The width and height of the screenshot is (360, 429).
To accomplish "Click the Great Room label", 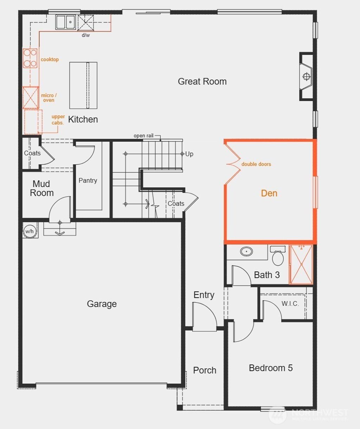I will [202, 82].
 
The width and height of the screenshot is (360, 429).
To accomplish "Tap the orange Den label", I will [269, 193].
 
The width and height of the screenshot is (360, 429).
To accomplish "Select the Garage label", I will [102, 304].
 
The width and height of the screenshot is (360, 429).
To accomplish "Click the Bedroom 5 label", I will [271, 368].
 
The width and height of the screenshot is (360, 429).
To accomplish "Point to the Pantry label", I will [88, 181].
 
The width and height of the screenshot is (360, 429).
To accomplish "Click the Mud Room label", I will [42, 188].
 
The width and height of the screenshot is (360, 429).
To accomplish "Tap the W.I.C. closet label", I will [290, 304].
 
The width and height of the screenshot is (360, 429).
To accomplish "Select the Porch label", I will [205, 370].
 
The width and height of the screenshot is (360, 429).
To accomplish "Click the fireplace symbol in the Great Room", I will [306, 76].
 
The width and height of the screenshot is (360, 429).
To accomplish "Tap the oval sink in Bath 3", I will [246, 252].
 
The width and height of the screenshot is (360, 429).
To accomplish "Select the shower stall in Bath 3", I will [301, 264].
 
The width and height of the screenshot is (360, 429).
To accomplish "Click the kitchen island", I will [83, 85].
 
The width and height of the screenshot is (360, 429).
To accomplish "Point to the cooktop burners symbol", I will [30, 58].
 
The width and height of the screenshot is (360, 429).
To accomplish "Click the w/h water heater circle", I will [30, 231].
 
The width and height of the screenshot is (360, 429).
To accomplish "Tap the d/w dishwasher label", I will [86, 35].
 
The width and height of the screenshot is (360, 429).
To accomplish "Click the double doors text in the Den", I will [256, 164].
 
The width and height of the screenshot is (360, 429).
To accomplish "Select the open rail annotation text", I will [143, 136].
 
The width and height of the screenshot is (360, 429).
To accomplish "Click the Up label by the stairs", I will [189, 154].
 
